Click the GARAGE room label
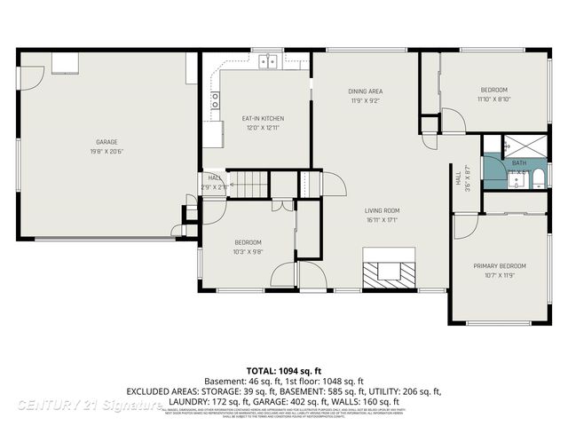(x=106, y=142)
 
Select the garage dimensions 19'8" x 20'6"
(x=106, y=152)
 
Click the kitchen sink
(x=269, y=60)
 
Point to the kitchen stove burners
(x=215, y=100)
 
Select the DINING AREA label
(x=365, y=91)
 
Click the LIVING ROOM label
(x=382, y=210)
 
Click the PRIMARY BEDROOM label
(x=499, y=265)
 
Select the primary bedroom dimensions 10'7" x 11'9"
(x=499, y=275)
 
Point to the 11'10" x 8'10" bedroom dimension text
(x=493, y=99)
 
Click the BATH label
(x=519, y=163)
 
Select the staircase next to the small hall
(x=249, y=185)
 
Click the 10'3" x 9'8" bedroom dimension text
(x=248, y=252)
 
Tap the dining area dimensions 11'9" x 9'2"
(x=365, y=101)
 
